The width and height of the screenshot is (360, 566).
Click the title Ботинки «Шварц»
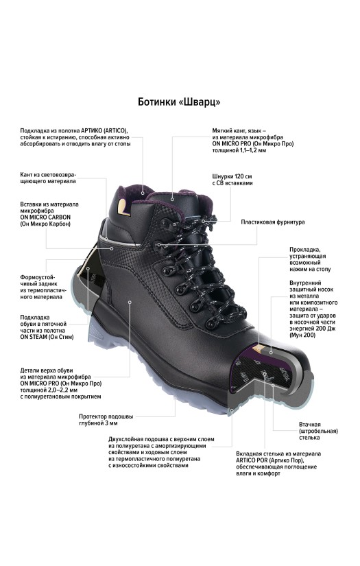(179, 102)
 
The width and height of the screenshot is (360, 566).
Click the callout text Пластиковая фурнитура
(273, 222)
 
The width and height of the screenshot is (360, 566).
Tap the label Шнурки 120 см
(232, 176)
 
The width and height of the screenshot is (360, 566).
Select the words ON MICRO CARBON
(45, 217)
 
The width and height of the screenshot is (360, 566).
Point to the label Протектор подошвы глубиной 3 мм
(106, 420)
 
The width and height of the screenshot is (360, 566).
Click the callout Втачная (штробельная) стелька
(318, 431)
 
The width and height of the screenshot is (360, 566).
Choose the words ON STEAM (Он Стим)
(47, 337)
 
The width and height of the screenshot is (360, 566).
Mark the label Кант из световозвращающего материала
(48, 178)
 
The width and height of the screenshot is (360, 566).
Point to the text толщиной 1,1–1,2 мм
(239, 150)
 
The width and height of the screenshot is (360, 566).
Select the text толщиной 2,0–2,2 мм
(49, 390)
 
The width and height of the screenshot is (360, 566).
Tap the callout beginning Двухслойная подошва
(161, 452)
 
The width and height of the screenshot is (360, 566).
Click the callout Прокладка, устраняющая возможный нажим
(310, 259)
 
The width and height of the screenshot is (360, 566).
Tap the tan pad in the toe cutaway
(259, 348)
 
